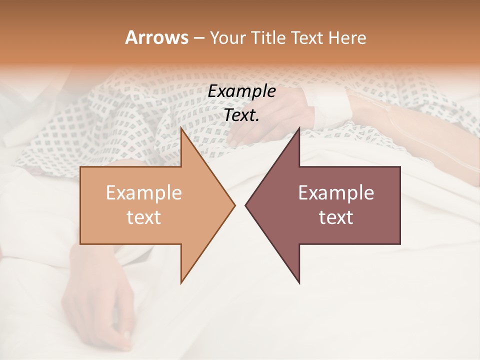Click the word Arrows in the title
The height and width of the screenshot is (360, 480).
pyautogui.click(x=156, y=37)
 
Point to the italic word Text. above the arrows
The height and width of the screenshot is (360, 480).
pyautogui.click(x=241, y=115)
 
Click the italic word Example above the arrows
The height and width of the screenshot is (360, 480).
pyautogui.click(x=241, y=91)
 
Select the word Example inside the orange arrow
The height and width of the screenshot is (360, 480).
pyautogui.click(x=144, y=193)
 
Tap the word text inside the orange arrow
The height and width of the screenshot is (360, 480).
pyautogui.click(x=144, y=217)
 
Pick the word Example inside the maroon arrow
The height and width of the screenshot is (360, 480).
pyautogui.click(x=336, y=193)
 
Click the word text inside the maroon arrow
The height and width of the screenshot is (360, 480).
pyautogui.click(x=336, y=217)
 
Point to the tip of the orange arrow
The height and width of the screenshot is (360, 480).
pyautogui.click(x=233, y=205)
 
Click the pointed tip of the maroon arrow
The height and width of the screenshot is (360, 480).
pyautogui.click(x=246, y=205)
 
